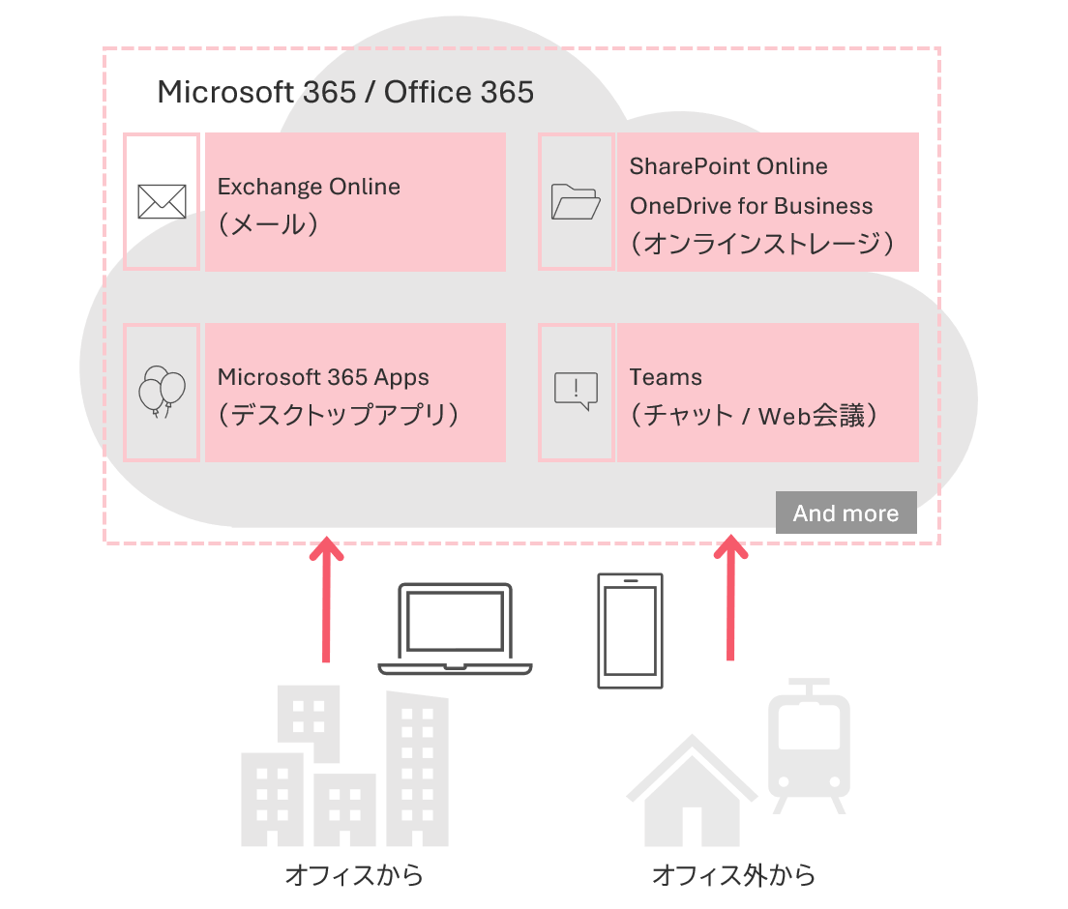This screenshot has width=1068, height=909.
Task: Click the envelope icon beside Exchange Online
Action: (162, 201)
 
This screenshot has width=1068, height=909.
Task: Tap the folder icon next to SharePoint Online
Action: (576, 201)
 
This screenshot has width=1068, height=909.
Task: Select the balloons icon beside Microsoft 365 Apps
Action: (162, 391)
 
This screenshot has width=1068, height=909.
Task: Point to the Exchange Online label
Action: (309, 187)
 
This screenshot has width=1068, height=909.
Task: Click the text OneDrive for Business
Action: (751, 206)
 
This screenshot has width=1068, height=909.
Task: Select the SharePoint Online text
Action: (728, 166)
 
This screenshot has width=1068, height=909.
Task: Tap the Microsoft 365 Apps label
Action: (323, 377)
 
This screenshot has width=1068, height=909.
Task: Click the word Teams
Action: (666, 377)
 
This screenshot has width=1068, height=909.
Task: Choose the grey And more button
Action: (845, 513)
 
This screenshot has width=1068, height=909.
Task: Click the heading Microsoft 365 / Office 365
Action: (345, 92)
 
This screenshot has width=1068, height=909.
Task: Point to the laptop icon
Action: (455, 629)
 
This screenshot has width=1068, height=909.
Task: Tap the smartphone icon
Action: (631, 630)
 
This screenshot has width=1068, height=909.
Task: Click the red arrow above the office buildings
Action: (326, 600)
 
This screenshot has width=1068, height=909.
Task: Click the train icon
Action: (809, 745)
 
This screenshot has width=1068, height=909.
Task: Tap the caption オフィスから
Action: (354, 876)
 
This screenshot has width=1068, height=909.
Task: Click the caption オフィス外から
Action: (733, 876)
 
